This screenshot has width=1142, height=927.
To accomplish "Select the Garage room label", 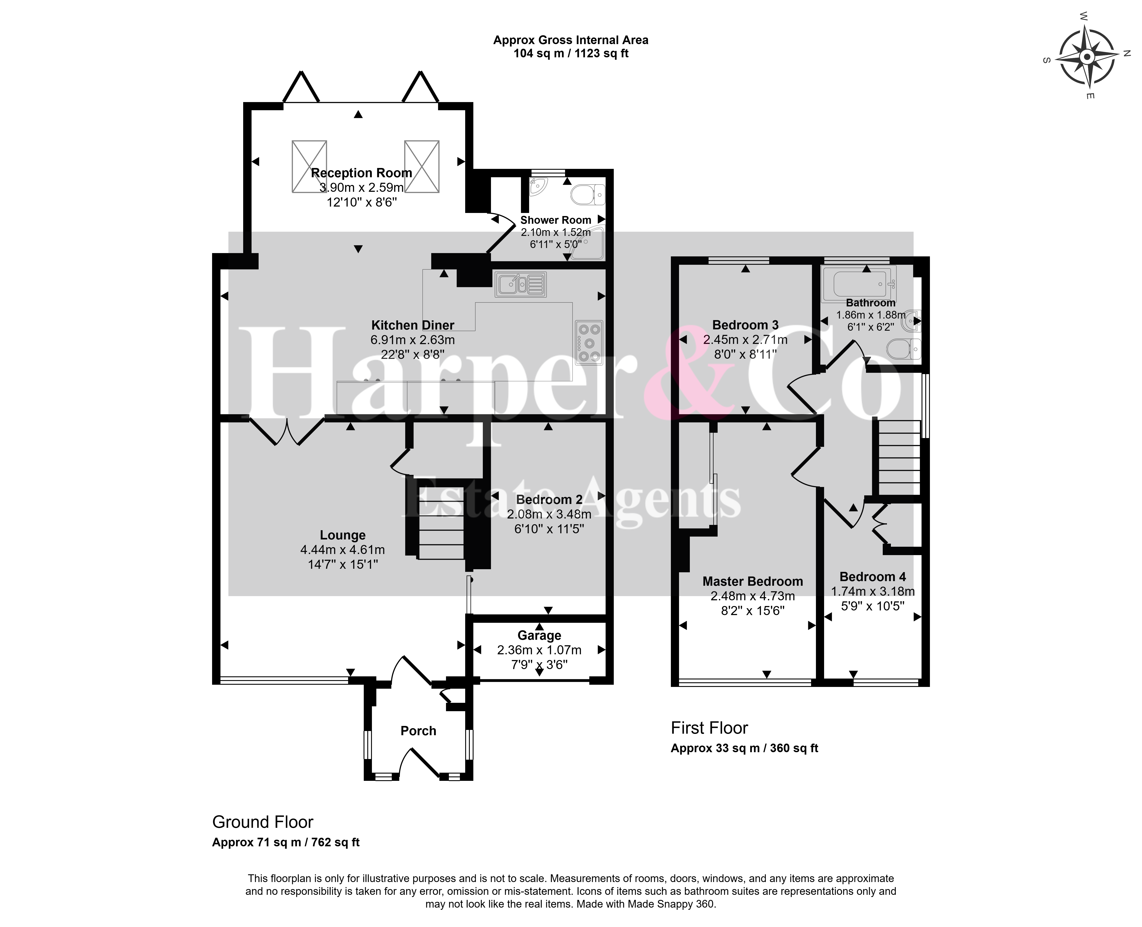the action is pyautogui.click(x=539, y=635).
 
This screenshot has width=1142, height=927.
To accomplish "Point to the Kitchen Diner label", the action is pyautogui.click(x=413, y=325).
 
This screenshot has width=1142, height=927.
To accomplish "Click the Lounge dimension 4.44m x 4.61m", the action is pyautogui.click(x=343, y=549).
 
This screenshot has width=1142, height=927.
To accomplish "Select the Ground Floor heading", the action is pyautogui.click(x=263, y=822).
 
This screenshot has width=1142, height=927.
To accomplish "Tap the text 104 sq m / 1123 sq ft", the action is pyautogui.click(x=571, y=53).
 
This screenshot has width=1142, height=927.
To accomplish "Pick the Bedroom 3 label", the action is pyautogui.click(x=745, y=325).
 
